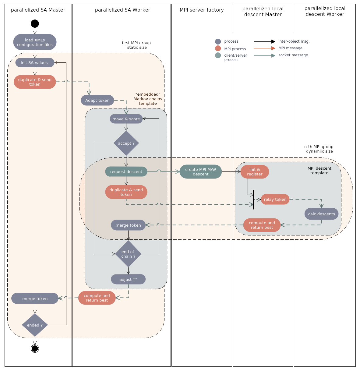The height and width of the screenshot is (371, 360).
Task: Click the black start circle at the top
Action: click(35, 23)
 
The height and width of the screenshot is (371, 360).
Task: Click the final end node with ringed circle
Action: click(35, 348)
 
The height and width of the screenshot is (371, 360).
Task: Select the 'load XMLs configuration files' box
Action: click(35, 42)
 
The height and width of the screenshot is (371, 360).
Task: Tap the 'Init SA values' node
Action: click(35, 62)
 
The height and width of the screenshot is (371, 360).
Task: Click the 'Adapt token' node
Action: click(97, 100)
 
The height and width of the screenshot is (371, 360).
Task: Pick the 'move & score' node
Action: click(126, 119)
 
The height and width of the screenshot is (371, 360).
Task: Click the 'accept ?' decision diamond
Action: click(126, 143)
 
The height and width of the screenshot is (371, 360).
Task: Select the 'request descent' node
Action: click(126, 171)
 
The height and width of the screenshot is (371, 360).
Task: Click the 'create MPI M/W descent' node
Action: click(200, 171)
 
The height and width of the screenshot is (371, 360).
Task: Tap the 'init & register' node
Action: click(255, 172)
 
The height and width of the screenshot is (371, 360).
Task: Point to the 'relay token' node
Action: click(275, 199)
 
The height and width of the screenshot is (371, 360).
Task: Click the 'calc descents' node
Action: click(321, 214)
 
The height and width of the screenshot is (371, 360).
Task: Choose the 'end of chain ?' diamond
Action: click(128, 254)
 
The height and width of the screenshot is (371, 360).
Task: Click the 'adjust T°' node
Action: click(128, 279)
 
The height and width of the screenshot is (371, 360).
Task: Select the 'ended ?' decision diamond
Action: click(35, 325)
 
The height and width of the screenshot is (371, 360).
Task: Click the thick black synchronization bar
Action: click(253, 200)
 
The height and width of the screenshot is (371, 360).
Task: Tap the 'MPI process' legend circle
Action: click(218, 48)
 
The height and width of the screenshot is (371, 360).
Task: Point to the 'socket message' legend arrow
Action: click(264, 55)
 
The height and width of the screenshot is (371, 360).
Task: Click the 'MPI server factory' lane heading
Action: click(202, 10)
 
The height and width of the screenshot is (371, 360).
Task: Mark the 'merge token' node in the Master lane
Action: click(35, 299)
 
